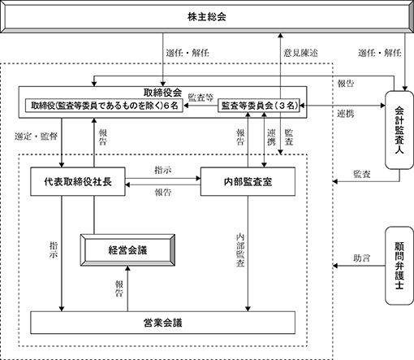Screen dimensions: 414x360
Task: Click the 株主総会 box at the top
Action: (x=207, y=16)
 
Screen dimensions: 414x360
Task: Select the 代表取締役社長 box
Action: (x=78, y=181)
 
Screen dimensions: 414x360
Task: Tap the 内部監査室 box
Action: (x=248, y=181)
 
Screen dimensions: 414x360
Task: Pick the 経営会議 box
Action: (x=127, y=250)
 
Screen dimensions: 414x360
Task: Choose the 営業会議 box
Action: (x=162, y=323)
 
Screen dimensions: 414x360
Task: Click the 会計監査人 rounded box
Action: (x=399, y=130)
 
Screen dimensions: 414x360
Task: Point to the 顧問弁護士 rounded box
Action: (x=399, y=266)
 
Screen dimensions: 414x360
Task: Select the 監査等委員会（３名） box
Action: (x=259, y=106)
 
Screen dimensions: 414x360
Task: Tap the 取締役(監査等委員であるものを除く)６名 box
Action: (x=104, y=106)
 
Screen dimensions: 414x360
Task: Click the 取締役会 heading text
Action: (x=162, y=93)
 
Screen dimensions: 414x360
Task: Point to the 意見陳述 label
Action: (x=300, y=53)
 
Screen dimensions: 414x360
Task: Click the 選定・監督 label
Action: (x=36, y=137)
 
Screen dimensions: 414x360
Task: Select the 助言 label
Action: (x=361, y=258)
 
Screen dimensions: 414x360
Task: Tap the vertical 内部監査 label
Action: (x=240, y=250)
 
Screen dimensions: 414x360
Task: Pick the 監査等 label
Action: (x=201, y=98)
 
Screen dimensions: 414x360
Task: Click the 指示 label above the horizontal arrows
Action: (x=163, y=170)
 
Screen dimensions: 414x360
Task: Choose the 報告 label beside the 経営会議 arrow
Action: (x=119, y=288)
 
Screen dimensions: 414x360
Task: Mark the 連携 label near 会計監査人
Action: (x=346, y=114)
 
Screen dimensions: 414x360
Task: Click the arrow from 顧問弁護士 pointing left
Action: (x=359, y=266)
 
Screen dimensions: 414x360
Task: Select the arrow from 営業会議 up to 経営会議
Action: (x=127, y=288)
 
